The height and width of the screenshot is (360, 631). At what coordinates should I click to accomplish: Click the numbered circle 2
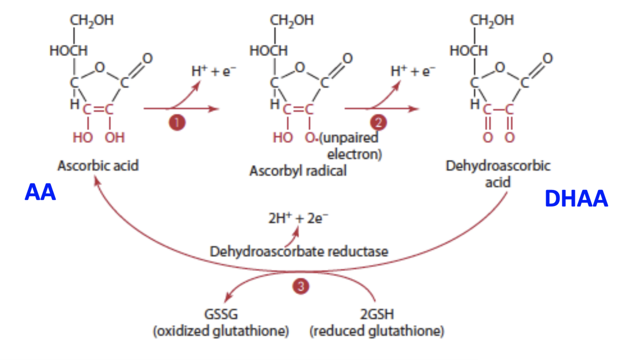point(378,123)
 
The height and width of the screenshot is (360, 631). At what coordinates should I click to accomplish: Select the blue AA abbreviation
point(40,193)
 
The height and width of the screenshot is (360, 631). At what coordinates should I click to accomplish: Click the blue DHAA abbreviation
point(576,199)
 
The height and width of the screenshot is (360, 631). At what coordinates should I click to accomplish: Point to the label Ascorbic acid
point(98,166)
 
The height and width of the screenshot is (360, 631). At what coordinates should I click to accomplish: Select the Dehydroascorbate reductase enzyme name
point(299,251)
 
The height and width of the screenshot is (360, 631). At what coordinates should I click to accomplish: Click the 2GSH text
point(377,315)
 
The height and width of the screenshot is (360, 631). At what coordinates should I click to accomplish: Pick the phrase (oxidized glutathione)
point(220,331)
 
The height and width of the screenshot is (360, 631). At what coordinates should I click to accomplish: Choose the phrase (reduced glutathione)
point(377,331)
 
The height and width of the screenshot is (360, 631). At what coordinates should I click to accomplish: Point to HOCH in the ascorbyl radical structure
point(268,51)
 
